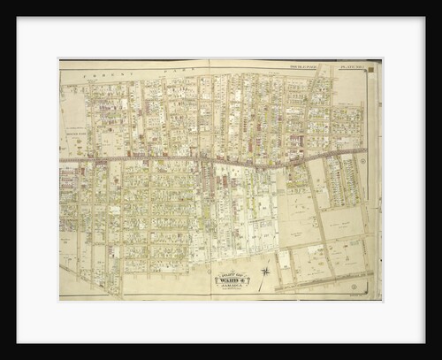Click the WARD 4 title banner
coord(232,280)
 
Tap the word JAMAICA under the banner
coord(232,286)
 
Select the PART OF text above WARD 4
coord(232,273)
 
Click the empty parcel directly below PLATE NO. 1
coord(354,88)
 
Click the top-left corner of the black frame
coord(2,2)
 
